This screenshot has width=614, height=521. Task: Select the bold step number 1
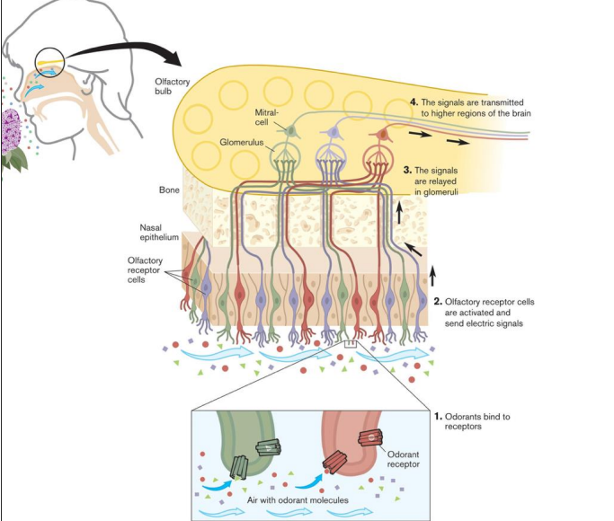pyautogui.click(x=438, y=417)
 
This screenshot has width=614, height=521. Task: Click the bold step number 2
pyautogui.click(x=438, y=304)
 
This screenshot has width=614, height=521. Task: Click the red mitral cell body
pyautogui.click(x=382, y=134)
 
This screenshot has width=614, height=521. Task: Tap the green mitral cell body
pyautogui.click(x=290, y=131)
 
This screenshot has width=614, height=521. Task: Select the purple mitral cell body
pyautogui.click(x=334, y=133)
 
